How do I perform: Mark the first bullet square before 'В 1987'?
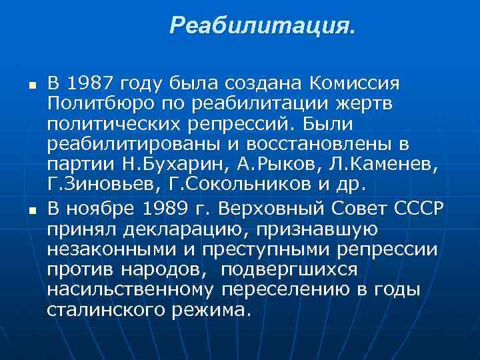[x=23, y=86]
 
